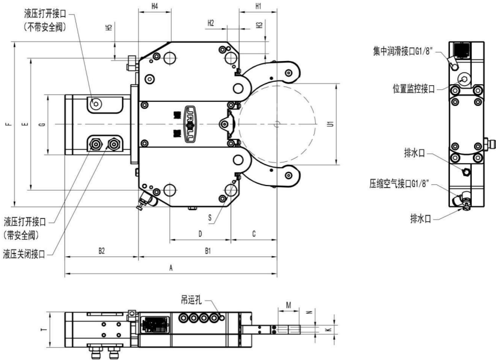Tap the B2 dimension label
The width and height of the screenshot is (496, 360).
pyautogui.click(x=101, y=251)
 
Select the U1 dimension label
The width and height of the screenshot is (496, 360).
pyautogui.click(x=330, y=124)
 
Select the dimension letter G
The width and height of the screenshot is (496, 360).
pyautogui.click(x=42, y=124)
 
